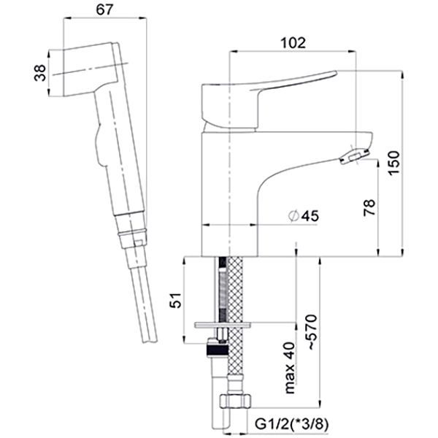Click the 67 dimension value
coord(104,9)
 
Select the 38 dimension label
coord(39,73)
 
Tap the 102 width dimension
coord(293,43)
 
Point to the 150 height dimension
coord(394,163)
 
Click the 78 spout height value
coord(369,207)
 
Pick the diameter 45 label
coord(304,216)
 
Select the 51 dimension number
coord(176,300)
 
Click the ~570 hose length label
coord(312,332)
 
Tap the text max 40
coord(290,368)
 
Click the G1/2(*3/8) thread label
coord(291,424)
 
